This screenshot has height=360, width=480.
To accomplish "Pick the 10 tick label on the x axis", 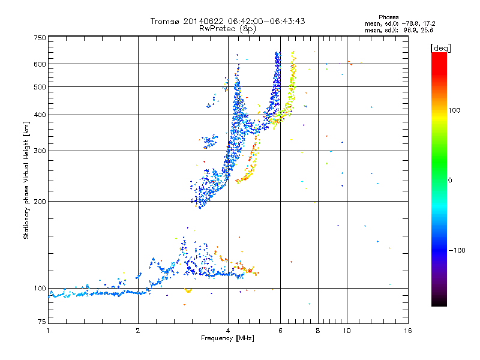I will tap(346, 331).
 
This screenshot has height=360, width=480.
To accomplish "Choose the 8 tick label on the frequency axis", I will tap(318, 331).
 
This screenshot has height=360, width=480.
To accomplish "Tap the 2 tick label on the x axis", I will tap(138, 331).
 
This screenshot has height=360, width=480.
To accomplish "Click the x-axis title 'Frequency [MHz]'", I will tap(228, 338).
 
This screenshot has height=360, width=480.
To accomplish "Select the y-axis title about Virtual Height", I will tap(26, 181).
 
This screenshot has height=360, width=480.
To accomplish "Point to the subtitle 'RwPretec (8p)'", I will tap(228, 28).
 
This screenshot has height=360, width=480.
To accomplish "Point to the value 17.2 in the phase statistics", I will tap(427, 23).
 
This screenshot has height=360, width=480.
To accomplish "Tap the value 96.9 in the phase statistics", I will tap(410, 29).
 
